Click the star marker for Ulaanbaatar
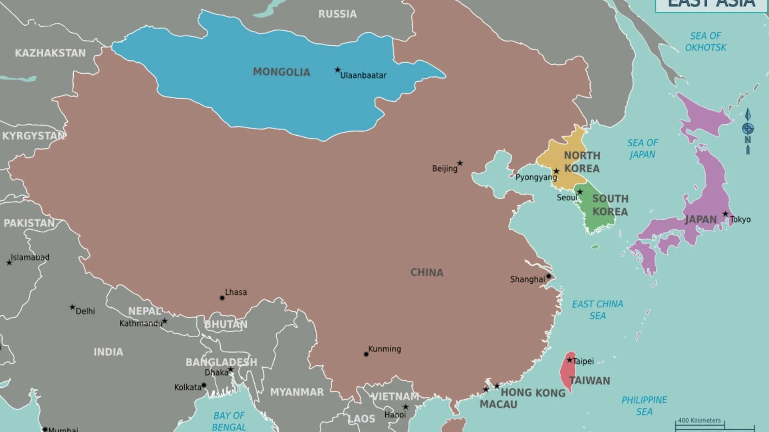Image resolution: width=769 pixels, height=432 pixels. coord(338,70)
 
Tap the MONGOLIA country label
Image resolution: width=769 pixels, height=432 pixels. coord(282,72)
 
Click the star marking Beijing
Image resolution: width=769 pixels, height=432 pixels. coord(460,163)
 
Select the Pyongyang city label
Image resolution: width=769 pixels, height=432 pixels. coord(536,177)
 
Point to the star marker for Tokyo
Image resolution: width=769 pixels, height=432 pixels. coord(725,214)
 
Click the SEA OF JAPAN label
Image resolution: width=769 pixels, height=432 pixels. coord(642,149)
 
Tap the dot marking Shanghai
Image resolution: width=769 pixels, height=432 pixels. coord(549,276)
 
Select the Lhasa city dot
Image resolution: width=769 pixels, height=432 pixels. coord(222,298)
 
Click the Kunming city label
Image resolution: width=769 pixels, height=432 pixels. coord(384,349)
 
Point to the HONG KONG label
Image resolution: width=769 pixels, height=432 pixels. coord(533,393)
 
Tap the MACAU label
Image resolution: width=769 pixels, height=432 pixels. coord(499,404)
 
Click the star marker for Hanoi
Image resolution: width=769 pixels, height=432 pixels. coord(406,407)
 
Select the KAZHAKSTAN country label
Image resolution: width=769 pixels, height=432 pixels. coord(50,53)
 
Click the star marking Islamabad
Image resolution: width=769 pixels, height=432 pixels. coord(9,263)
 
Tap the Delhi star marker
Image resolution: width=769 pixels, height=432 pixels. coord(72,307)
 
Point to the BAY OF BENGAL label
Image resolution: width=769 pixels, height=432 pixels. coord(229,421)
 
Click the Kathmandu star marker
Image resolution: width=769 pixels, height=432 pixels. coord(165,321)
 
